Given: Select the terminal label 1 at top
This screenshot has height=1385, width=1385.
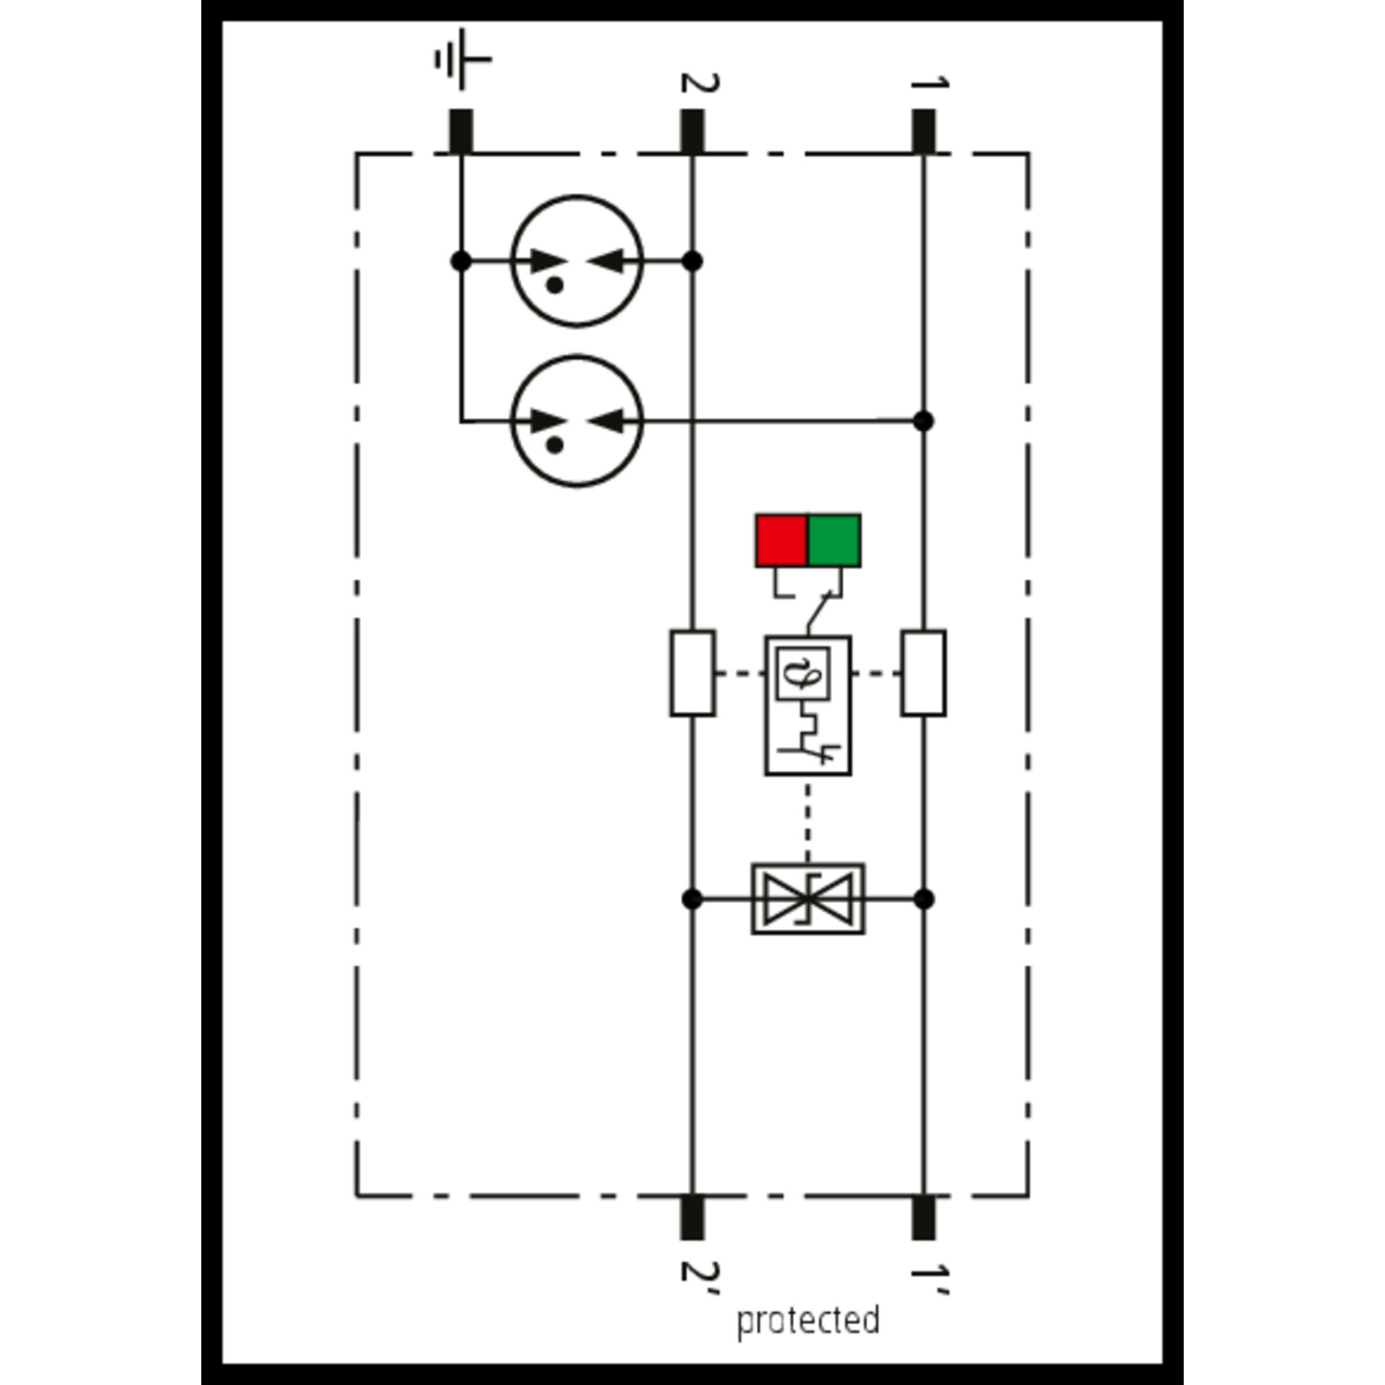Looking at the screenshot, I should (x=929, y=83).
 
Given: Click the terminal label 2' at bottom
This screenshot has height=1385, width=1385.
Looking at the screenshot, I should (x=699, y=1271).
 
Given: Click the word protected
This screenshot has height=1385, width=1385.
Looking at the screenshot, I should (x=807, y=1320).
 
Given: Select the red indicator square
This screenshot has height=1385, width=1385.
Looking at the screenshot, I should (x=781, y=541).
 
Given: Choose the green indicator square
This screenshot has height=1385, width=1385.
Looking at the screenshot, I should (x=835, y=541).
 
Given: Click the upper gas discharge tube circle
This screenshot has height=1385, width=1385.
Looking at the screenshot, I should (x=577, y=260).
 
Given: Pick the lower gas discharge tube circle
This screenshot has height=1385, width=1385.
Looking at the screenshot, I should (x=577, y=421).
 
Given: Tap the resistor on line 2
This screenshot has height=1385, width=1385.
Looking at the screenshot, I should (x=692, y=673).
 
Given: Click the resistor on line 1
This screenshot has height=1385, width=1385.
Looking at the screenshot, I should (x=923, y=673).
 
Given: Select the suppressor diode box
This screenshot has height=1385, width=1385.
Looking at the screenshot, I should (x=808, y=898).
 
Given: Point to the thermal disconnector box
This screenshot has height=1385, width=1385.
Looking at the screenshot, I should (x=808, y=705).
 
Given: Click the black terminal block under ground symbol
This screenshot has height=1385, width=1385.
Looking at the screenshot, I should (x=461, y=131).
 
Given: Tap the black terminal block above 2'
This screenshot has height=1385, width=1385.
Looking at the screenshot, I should (x=692, y=1217).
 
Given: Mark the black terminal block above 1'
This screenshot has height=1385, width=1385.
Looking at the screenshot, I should (x=923, y=1217).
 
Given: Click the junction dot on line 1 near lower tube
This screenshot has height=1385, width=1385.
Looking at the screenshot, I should (x=923, y=421).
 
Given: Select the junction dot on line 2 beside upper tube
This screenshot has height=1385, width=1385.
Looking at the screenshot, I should (x=692, y=261).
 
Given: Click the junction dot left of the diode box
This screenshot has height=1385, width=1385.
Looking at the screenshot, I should (x=692, y=898).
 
